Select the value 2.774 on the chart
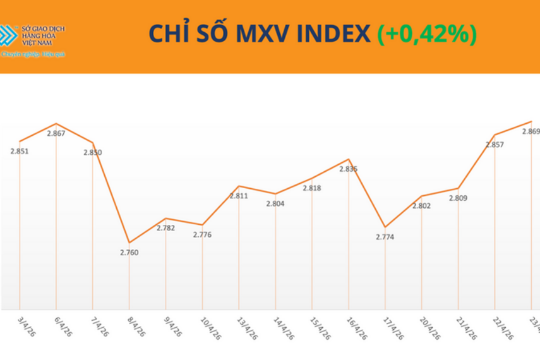pyautogui.click(x=385, y=237)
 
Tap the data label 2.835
pyautogui.click(x=348, y=169)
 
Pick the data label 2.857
pyautogui.click(x=495, y=145)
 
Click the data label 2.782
pyautogui.click(x=165, y=228)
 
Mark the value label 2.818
pyautogui.click(x=312, y=188)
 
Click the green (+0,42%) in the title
pyautogui.click(x=426, y=35)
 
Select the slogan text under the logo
pyautogui.click(x=33, y=55)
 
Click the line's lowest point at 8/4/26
pyautogui.click(x=129, y=243)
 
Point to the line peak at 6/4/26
pyautogui.click(x=56, y=124)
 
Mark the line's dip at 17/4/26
pyautogui.click(x=385, y=227)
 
